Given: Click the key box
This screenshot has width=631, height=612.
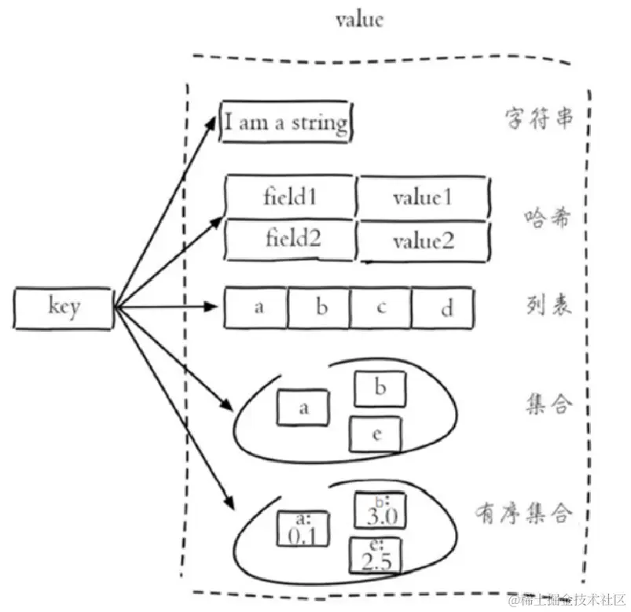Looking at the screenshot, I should pos(63,307).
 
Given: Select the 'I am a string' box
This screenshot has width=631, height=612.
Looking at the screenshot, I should pos(285,122).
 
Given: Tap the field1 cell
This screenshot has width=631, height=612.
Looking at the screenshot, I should pos(290,196).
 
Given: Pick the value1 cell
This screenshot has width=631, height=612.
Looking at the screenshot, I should pos(423,196).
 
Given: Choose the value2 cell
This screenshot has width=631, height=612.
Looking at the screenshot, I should pos(423,241).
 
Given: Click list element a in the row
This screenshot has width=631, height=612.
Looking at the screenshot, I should pos(257,308).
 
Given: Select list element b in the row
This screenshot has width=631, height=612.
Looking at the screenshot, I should pos(320,308).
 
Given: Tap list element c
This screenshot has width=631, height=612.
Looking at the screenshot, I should pos(380,308).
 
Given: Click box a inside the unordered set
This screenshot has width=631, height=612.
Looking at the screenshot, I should pos(303,408).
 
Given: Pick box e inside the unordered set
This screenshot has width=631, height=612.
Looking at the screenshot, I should pos(376,435).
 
